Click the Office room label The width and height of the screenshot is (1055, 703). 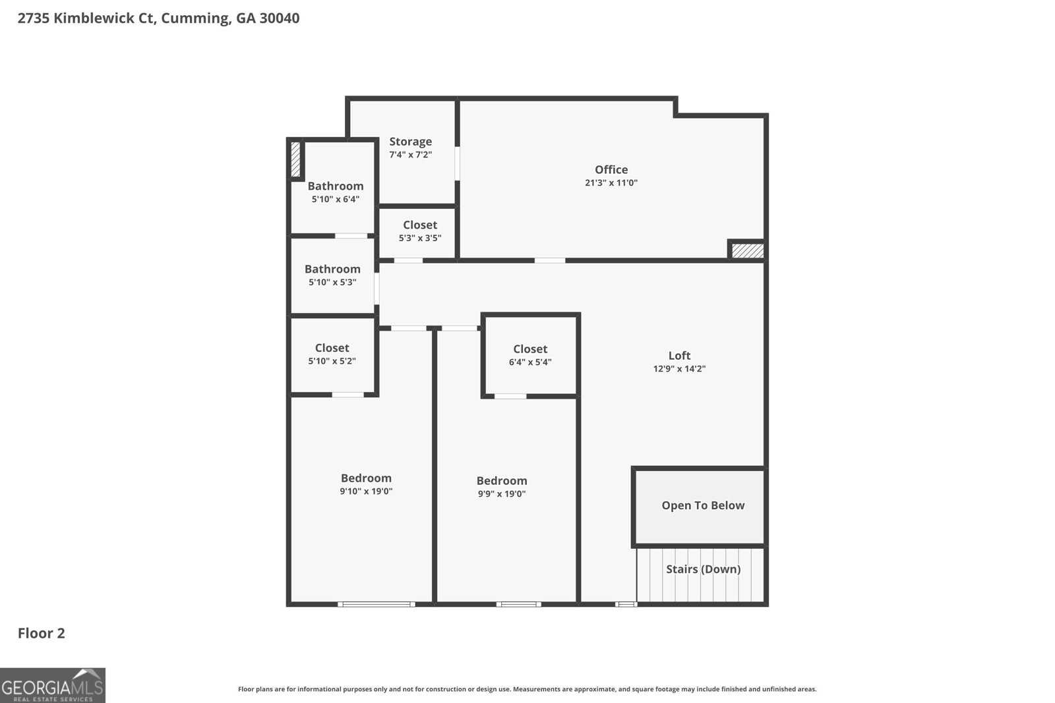[x=611, y=169]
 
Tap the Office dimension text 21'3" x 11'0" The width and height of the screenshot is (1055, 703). [x=611, y=183]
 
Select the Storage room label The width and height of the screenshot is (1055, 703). [x=410, y=142]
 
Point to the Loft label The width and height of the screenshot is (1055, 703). [x=679, y=356]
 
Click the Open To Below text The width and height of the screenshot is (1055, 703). [x=703, y=505]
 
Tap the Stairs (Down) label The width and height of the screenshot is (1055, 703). [x=703, y=569]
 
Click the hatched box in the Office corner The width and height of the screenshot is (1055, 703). [x=748, y=251]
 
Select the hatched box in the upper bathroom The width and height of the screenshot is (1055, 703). [x=296, y=159]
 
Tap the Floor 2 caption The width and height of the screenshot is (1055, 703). [x=41, y=633]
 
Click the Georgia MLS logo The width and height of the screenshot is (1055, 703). [x=52, y=685]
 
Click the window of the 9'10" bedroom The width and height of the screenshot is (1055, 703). [x=377, y=604]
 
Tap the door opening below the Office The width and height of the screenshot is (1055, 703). [x=549, y=260]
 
